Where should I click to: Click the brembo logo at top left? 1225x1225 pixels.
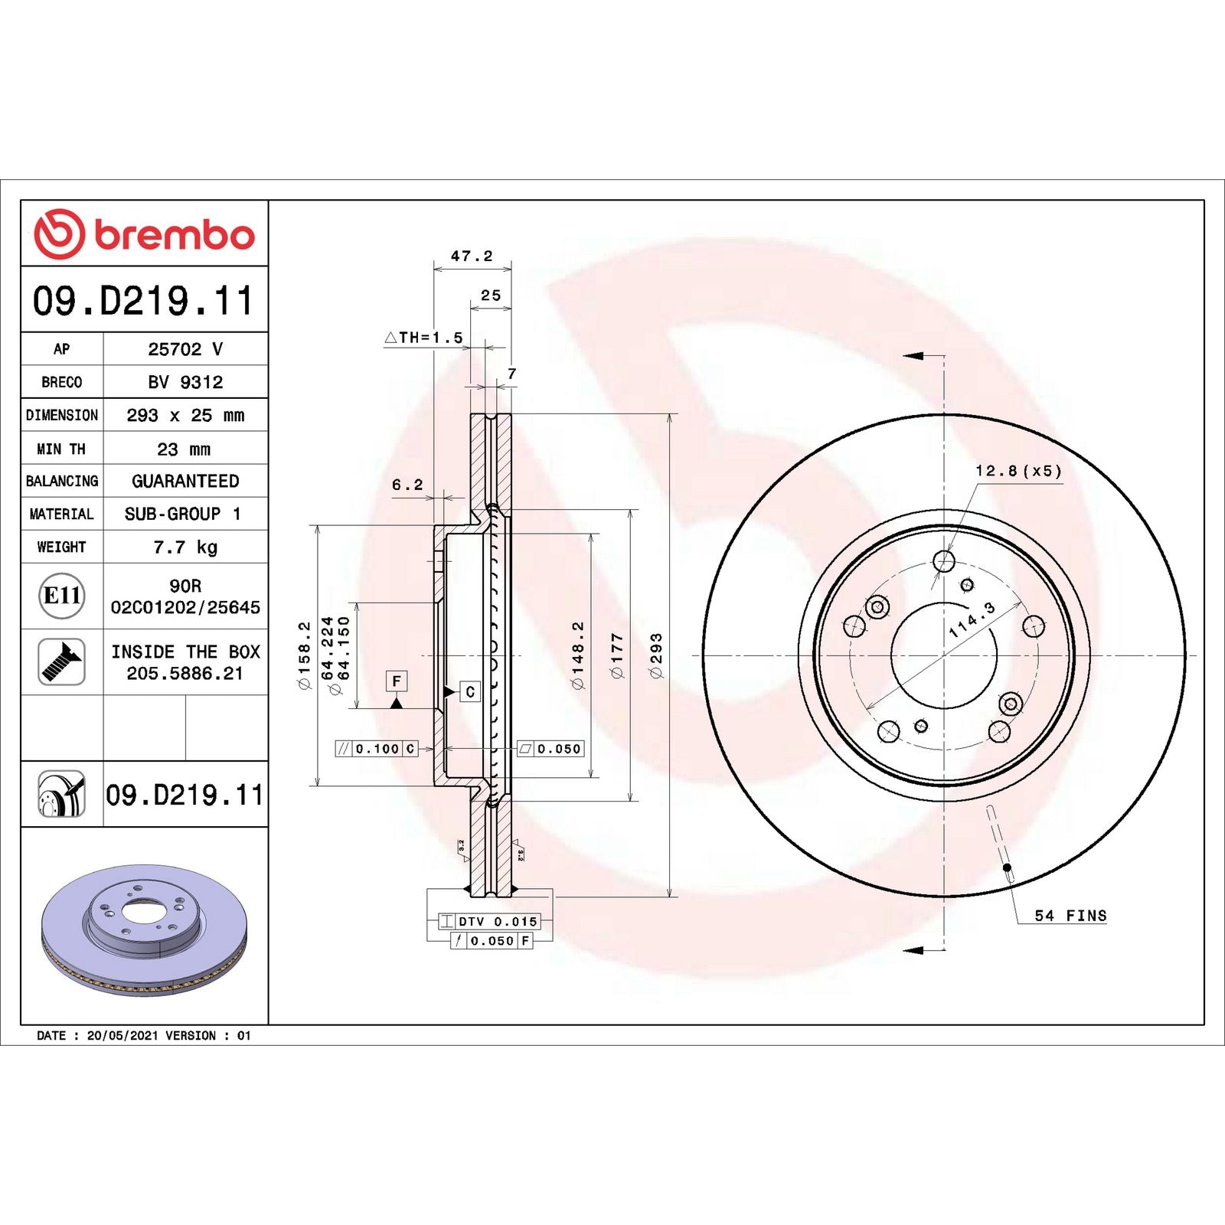tap(144, 234)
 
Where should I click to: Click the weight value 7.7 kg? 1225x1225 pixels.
tap(185, 547)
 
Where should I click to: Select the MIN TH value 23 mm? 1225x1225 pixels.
tap(184, 449)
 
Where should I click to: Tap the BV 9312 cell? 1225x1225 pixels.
tap(185, 381)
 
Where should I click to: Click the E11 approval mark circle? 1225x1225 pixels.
tap(61, 596)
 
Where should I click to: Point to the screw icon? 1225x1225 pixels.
tap(61, 662)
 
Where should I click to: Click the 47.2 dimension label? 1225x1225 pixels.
tap(472, 256)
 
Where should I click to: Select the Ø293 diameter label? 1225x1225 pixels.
tap(656, 655)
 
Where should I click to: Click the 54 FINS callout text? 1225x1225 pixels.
tap(1070, 916)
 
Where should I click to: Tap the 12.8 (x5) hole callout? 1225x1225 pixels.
tap(1018, 471)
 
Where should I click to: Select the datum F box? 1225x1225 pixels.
tap(396, 681)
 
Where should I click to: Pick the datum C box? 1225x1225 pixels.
tap(470, 691)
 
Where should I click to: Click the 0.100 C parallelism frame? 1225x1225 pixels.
tap(377, 749)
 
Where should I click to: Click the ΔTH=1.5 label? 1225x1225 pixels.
tap(423, 338)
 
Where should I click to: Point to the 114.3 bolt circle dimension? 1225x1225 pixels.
tap(972, 619)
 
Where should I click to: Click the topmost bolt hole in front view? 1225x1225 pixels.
tap(944, 562)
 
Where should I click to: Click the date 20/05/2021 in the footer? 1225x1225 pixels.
tap(122, 1035)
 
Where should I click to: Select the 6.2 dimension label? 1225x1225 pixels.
tap(407, 485)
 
